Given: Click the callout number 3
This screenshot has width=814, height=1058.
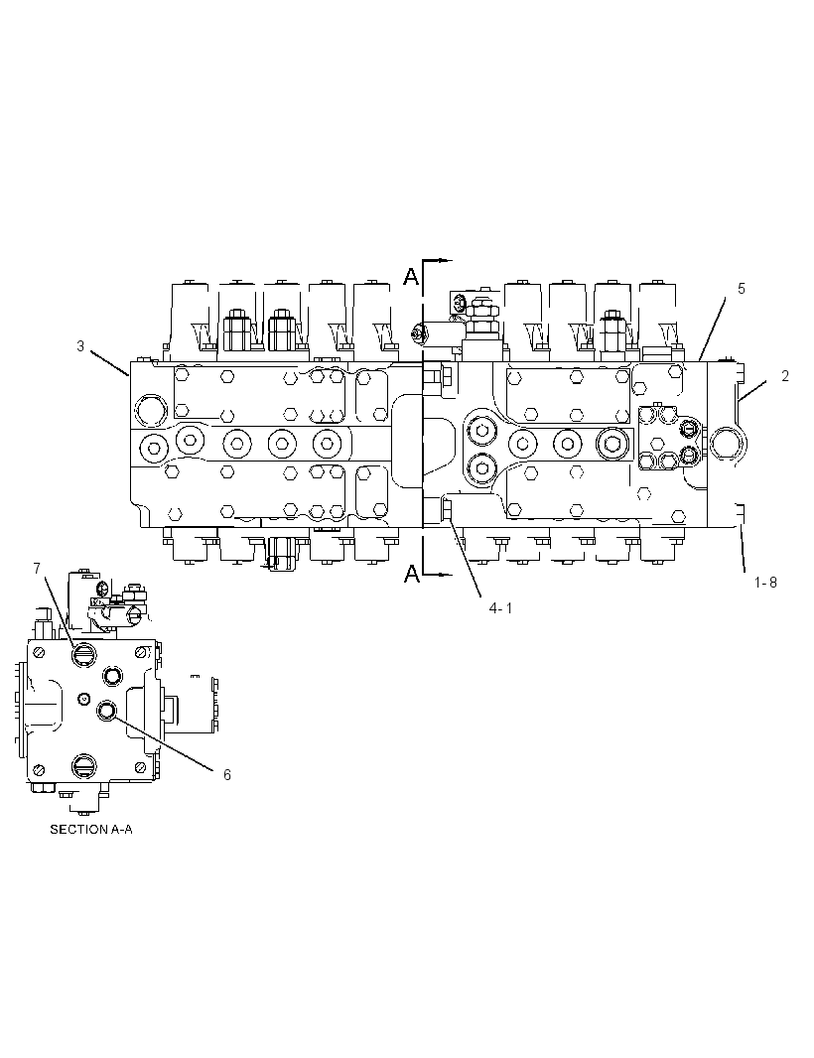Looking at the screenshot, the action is [x=80, y=346].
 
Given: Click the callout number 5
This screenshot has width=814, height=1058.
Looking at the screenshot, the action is [x=742, y=289].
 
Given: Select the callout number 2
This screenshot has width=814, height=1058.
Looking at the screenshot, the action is [x=785, y=376].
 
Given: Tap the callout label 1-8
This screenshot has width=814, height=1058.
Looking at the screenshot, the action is [x=765, y=582].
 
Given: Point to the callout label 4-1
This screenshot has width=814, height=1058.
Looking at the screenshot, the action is [x=500, y=608].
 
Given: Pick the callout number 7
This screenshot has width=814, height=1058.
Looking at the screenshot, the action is [x=37, y=569].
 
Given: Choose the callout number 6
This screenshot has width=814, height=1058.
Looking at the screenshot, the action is [x=226, y=774].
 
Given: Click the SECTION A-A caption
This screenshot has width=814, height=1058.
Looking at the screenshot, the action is [x=91, y=829].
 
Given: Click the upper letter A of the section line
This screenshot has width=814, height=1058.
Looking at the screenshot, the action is [x=410, y=275].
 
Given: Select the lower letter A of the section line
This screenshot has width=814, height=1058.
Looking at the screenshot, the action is [x=410, y=574].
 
